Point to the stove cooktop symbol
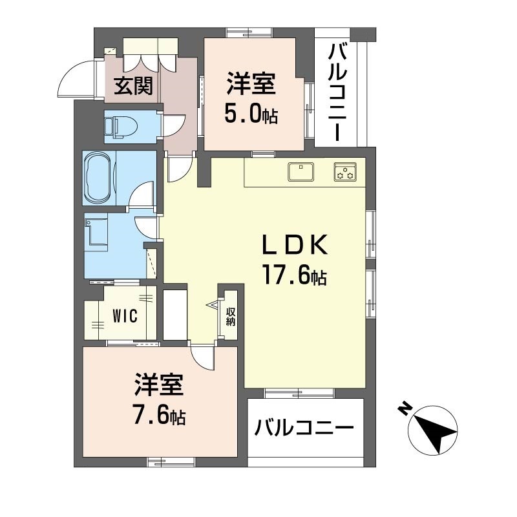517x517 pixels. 345,173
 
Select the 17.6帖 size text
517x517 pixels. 294,276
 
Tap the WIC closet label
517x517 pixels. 124,317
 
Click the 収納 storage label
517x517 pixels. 230,316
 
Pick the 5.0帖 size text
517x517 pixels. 251,114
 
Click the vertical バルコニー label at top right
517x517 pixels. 337,92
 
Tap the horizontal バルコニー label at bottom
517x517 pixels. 304,428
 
